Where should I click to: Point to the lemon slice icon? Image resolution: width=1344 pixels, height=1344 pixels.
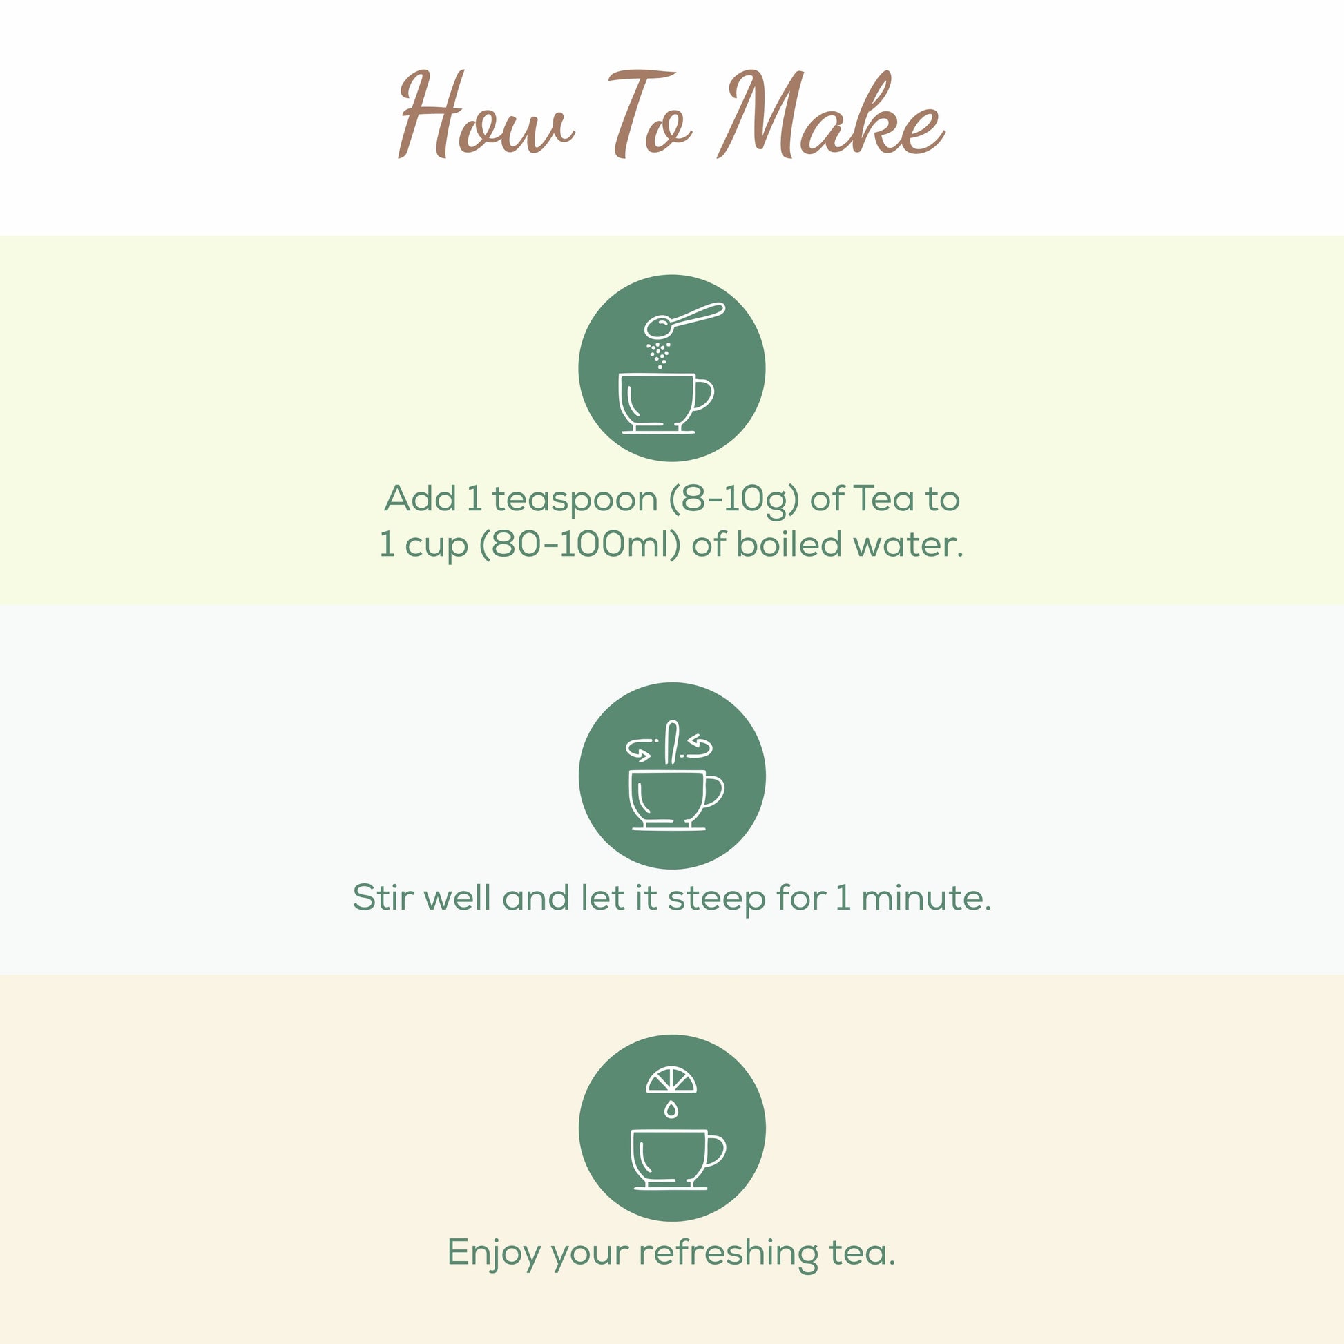point(671,1080)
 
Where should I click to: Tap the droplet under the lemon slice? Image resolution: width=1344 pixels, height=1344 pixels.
point(671,1109)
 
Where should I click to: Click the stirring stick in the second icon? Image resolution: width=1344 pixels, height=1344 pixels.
point(672,742)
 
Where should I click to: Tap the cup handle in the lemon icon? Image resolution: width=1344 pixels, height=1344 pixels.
point(715,1151)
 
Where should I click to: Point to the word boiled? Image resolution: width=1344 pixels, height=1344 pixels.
point(789,544)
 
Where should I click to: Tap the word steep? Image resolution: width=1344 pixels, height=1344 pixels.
point(716,899)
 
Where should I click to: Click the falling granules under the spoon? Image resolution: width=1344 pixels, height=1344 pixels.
point(658,354)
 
